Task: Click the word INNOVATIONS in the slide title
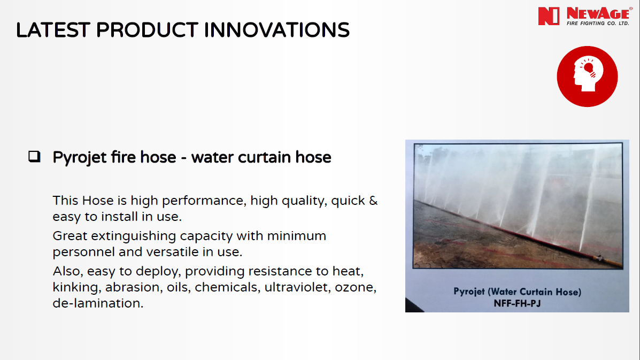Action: click(276, 30)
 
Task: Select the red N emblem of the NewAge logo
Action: click(549, 17)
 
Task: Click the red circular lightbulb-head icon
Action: click(588, 76)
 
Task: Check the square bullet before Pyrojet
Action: click(34, 156)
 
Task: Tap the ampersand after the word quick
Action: click(373, 201)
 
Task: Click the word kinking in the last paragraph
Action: click(75, 287)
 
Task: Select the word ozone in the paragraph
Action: click(355, 288)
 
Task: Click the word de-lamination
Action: click(98, 303)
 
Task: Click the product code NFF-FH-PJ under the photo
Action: click(517, 304)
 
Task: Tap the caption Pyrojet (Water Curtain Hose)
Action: click(517, 292)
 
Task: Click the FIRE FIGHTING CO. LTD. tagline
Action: click(598, 23)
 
